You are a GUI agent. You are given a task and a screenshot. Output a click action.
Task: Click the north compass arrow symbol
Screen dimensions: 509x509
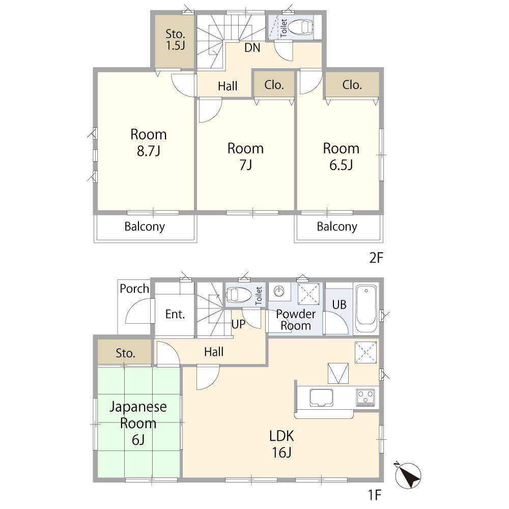[x=408, y=475]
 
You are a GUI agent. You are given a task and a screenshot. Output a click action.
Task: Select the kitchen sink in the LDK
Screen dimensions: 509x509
[x=321, y=398]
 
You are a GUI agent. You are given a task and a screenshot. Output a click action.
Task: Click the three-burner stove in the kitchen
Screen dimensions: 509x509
[x=365, y=398]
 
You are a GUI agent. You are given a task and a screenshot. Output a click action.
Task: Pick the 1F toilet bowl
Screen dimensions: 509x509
[x=239, y=295]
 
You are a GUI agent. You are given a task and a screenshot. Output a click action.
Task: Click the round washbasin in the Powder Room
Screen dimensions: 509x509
[x=279, y=291]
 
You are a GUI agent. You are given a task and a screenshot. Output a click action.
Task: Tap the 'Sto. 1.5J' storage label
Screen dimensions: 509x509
[x=175, y=40]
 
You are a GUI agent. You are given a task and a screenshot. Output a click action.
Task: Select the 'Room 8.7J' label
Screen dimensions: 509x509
[x=148, y=143]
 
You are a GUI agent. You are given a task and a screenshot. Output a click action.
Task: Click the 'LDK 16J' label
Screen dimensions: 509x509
[x=281, y=444]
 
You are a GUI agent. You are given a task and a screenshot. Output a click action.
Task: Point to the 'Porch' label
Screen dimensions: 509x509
[x=134, y=289]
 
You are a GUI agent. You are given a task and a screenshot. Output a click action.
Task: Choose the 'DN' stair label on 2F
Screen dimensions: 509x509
[x=252, y=48]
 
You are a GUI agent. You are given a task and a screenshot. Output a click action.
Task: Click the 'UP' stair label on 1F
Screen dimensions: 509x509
[x=238, y=324]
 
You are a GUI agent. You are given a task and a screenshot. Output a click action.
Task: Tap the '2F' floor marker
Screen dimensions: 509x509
[x=376, y=258]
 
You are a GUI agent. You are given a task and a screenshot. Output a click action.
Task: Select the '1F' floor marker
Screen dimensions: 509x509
[x=374, y=495]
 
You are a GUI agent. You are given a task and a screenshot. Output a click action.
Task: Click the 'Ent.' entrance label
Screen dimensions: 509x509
[x=175, y=314]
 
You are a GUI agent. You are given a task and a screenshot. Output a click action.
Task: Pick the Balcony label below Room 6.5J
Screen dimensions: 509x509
[x=337, y=227]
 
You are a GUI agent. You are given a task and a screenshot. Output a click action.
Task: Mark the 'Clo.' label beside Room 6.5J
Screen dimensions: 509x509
[x=352, y=84]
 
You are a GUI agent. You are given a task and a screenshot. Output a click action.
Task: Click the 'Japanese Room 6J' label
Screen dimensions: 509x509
[x=138, y=423]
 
